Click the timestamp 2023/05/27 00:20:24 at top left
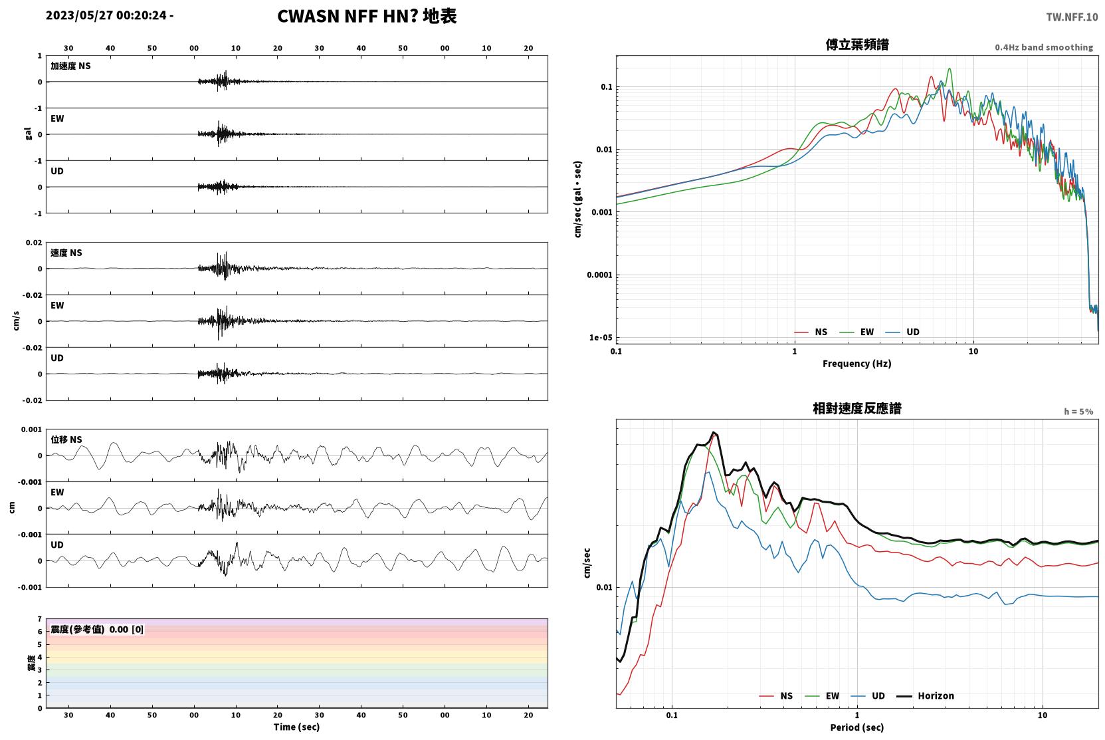pyautogui.click(x=106, y=15)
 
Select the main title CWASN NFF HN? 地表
pyautogui.click(x=367, y=17)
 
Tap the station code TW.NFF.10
pyautogui.click(x=1072, y=17)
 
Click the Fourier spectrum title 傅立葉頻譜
pyautogui.click(x=857, y=45)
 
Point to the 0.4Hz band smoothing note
pyautogui.click(x=1044, y=47)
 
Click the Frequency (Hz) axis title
pyautogui.click(x=857, y=364)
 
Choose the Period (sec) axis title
pyautogui.click(x=857, y=727)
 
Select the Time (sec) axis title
pyautogui.click(x=296, y=727)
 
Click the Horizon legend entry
pyautogui.click(x=925, y=696)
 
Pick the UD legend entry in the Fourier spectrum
pyautogui.click(x=902, y=332)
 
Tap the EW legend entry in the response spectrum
pyautogui.click(x=822, y=696)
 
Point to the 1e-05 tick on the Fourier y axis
pyautogui.click(x=601, y=338)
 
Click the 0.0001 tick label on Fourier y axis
pyautogui.click(x=599, y=275)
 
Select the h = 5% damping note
pyautogui.click(x=1078, y=412)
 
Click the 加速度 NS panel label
pyautogui.click(x=70, y=66)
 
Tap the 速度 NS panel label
pyautogui.click(x=66, y=253)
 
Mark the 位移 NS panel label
pyautogui.click(x=66, y=439)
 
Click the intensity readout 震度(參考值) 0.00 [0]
pyautogui.click(x=97, y=630)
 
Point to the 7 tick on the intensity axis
pyautogui.click(x=40, y=619)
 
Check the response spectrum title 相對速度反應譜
pyautogui.click(x=857, y=408)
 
